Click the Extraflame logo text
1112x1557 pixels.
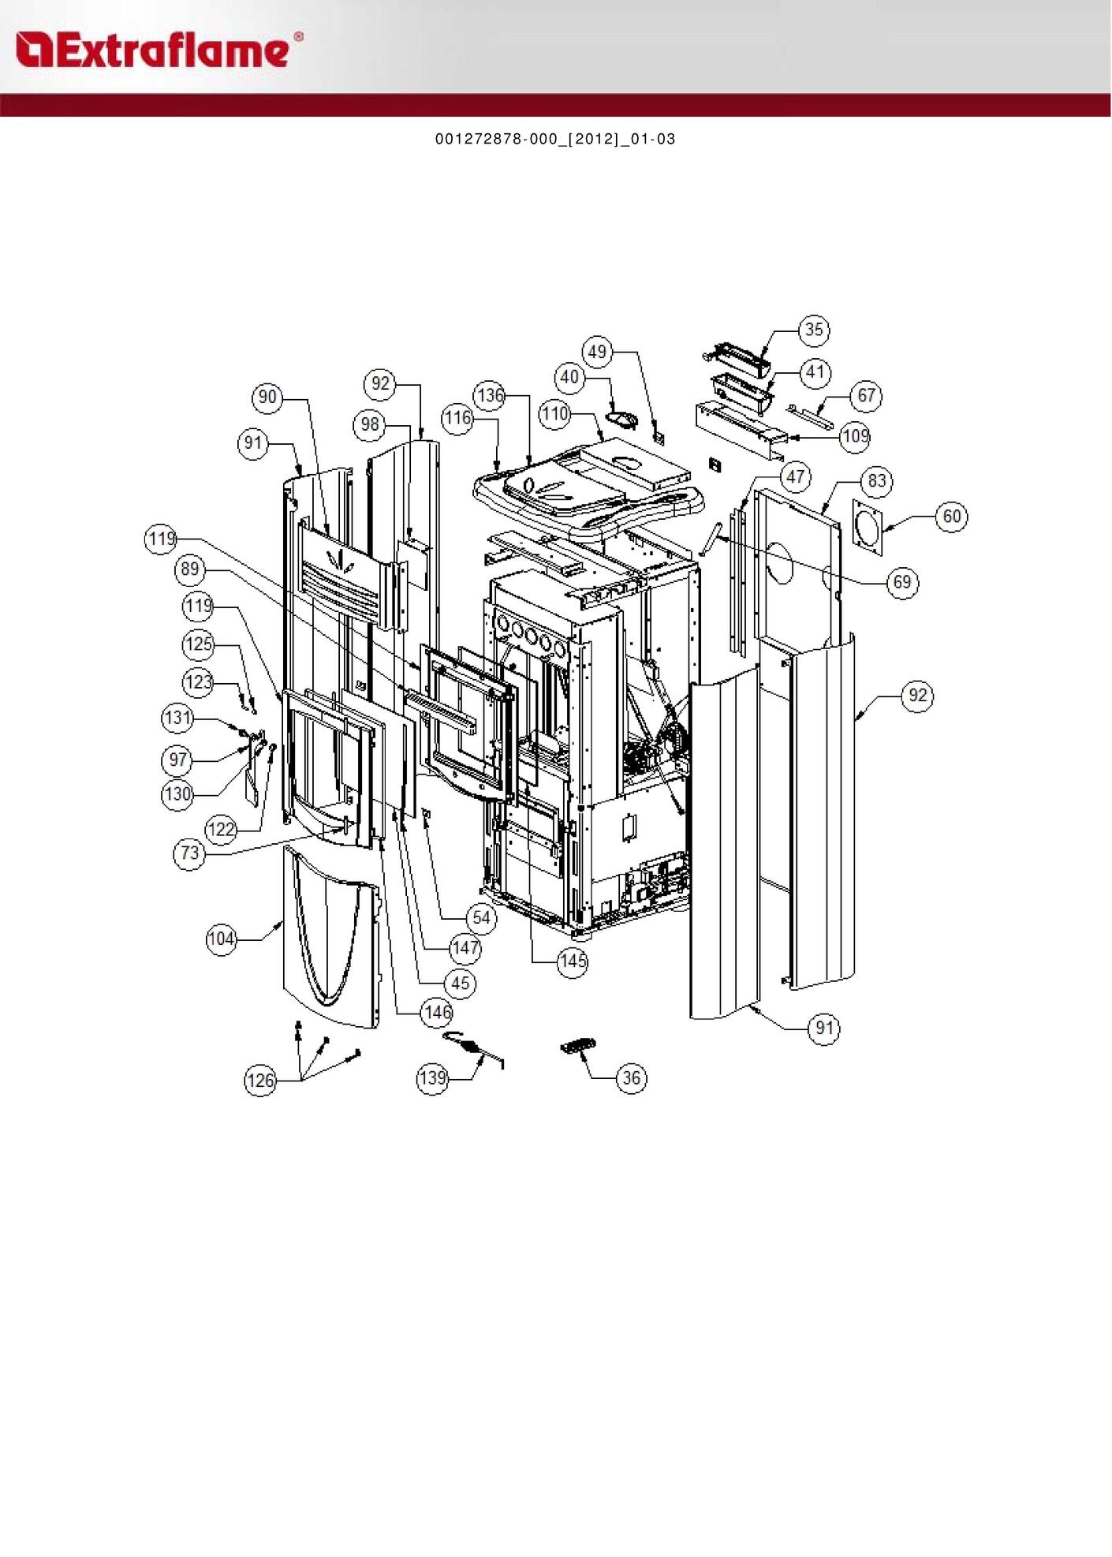click(159, 50)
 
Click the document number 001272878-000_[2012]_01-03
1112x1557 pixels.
click(555, 140)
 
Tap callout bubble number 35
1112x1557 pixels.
click(814, 330)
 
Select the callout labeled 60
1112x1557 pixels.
click(952, 516)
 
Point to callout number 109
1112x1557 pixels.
click(856, 435)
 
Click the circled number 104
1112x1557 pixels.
click(222, 939)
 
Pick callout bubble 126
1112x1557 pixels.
click(260, 1081)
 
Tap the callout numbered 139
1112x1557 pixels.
click(432, 1078)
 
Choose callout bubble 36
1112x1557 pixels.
click(631, 1078)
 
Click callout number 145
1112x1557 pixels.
click(573, 961)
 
